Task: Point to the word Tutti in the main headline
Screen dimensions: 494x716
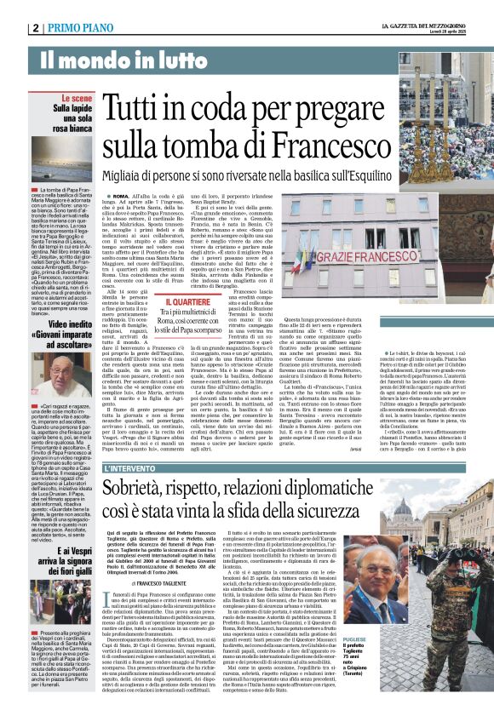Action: point(135,107)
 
